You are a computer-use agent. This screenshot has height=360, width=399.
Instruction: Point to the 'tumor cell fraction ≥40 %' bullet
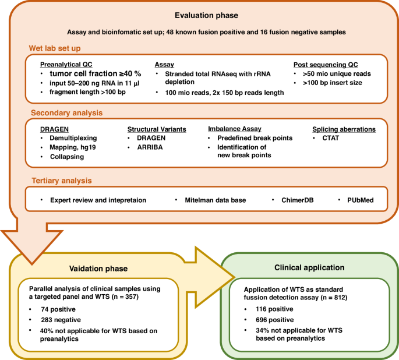click(x=95, y=74)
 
